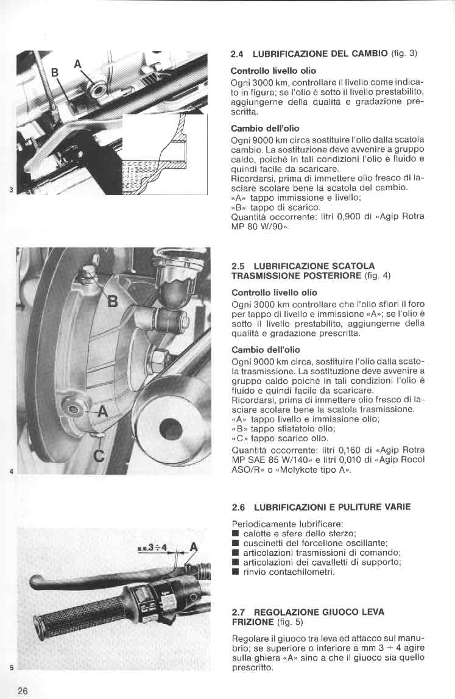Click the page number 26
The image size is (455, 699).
23,690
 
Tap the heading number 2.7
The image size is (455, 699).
238,611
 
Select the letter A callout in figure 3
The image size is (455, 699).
77,63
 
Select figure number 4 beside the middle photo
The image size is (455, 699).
12,471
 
